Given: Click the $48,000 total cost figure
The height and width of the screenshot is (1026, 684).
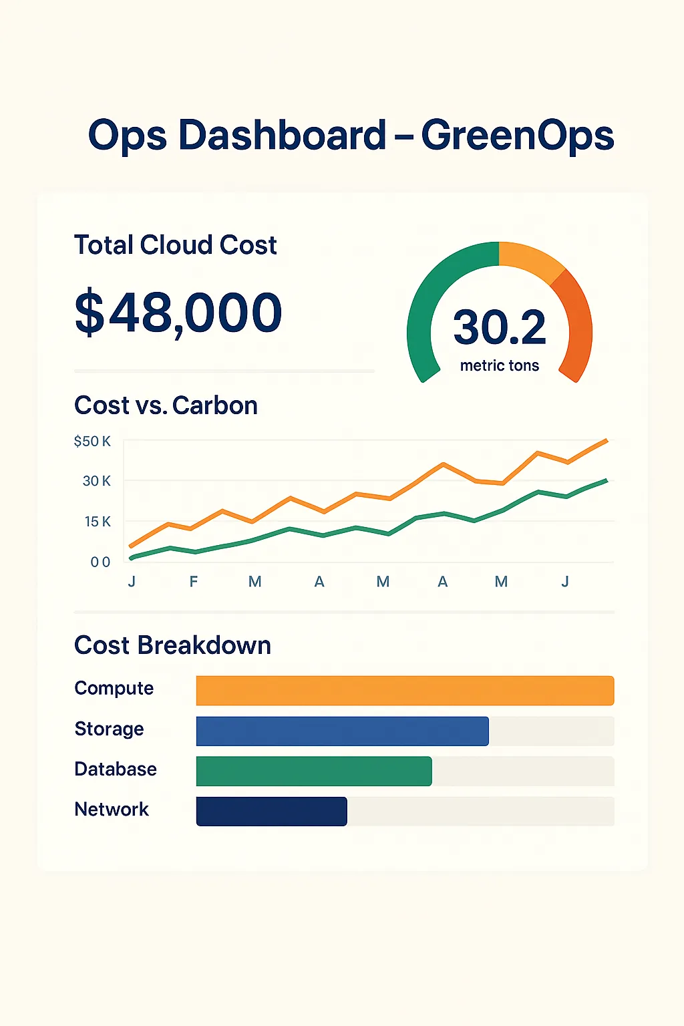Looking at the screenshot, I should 178,313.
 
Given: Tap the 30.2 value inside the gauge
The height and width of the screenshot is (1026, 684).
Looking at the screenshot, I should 500,327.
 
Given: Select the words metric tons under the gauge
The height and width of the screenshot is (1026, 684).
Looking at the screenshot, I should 500,365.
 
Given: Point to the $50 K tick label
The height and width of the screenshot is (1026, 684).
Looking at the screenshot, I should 92,442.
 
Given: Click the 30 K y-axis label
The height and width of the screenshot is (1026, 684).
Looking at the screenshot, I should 96,481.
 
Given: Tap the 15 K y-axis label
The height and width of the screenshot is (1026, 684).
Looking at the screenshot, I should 98,522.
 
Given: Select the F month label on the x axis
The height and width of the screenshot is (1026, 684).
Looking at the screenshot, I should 193,582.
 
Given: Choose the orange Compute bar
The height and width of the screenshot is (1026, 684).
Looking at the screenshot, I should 405,691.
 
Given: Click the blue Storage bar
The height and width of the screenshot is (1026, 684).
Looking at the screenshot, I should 342,731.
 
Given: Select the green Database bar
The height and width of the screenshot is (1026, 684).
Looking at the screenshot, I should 314,771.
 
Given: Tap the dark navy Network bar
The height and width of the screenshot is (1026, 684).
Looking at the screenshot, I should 271,811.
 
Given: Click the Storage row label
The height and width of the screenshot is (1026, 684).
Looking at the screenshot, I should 109,729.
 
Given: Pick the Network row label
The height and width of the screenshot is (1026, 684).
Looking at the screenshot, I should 112,810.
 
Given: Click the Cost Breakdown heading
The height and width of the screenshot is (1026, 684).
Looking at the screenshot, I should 172,645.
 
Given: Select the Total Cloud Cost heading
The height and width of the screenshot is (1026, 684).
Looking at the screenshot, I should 175,245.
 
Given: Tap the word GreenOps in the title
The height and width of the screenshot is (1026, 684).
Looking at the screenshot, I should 517,136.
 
